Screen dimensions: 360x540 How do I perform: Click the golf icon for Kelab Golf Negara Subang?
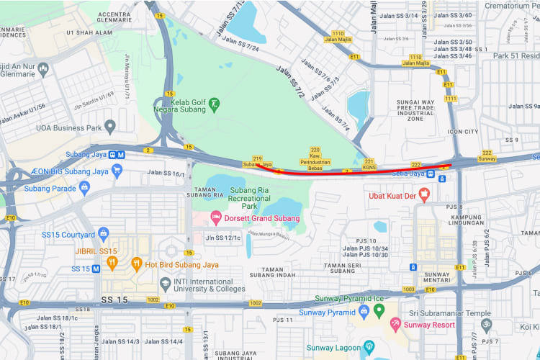[x=214, y=105]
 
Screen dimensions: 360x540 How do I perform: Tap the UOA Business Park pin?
[x=110, y=127]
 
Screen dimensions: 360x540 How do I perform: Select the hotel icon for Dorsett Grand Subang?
[x=215, y=217]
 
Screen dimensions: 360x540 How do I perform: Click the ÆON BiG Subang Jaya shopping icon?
[x=117, y=171]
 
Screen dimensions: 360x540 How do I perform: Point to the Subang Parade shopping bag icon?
[x=85, y=189]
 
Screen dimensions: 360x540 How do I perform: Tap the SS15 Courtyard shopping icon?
[x=103, y=234]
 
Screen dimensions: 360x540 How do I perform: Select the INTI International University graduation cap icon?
[x=166, y=284]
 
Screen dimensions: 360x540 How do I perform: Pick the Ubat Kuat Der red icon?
[x=424, y=194]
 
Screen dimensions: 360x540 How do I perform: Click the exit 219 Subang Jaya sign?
[x=258, y=161]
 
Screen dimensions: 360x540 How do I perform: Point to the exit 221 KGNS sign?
[x=369, y=164]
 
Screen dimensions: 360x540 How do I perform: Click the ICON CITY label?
[x=462, y=132]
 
